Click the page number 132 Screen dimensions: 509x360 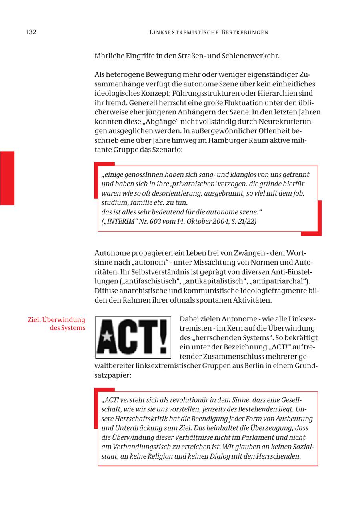pos(31,32)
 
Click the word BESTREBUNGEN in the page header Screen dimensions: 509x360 pos(244,32)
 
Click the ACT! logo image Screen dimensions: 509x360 pos(133,337)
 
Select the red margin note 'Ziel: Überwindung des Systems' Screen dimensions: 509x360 pos(56,324)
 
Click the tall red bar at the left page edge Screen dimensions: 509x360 pos(7,178)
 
